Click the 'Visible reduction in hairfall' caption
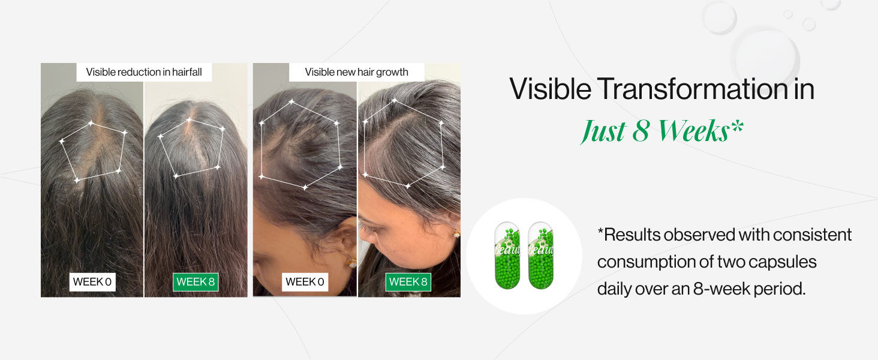point(144,72)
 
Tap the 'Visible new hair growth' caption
point(357,72)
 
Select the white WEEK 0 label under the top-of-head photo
point(92,282)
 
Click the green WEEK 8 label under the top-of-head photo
point(196,282)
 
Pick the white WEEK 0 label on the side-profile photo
point(305,282)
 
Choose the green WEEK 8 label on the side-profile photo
point(408,282)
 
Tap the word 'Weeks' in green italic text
point(693,131)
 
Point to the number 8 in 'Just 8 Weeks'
point(641,131)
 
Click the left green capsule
point(507,255)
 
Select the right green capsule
point(541,255)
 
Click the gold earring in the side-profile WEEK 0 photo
point(351,262)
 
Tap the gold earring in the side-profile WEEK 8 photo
point(456,234)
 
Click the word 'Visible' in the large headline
point(551,89)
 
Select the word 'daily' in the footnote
point(613,290)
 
